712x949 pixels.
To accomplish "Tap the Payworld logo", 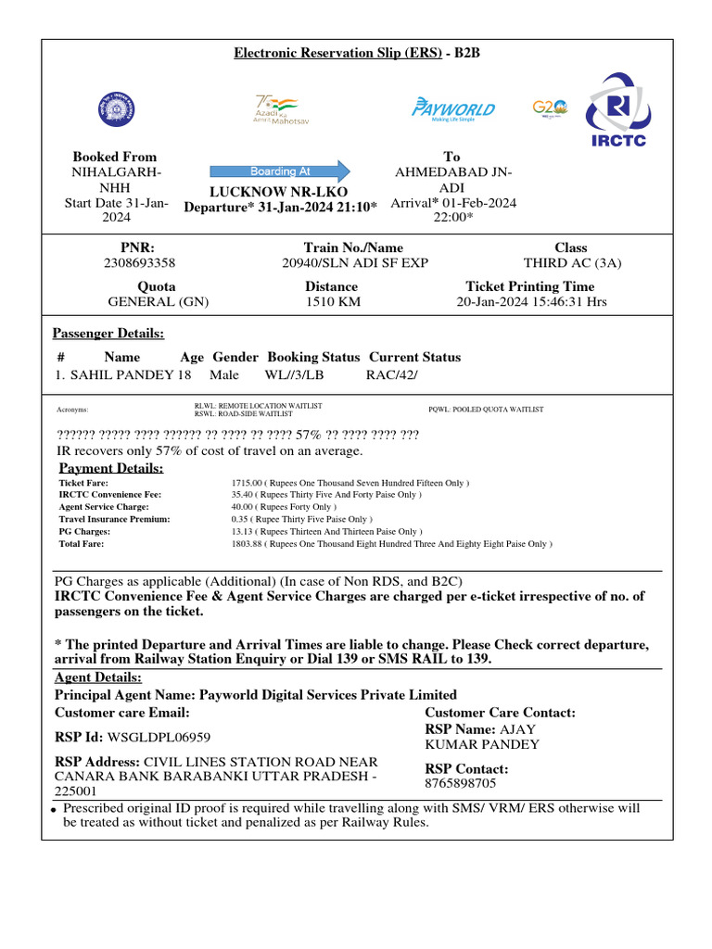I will (453, 108).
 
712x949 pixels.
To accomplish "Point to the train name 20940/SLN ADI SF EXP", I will (355, 263).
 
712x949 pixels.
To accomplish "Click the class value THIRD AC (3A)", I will (571, 263).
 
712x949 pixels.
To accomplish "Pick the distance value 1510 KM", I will (331, 302).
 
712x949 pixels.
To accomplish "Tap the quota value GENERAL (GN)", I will (158, 302).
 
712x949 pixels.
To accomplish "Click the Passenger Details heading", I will (108, 334).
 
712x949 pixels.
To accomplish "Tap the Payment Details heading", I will (111, 468).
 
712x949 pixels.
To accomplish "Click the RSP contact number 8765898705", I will (460, 783).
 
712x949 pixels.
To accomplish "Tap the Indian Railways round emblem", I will (116, 108).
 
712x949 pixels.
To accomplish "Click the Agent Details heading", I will (98, 677).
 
